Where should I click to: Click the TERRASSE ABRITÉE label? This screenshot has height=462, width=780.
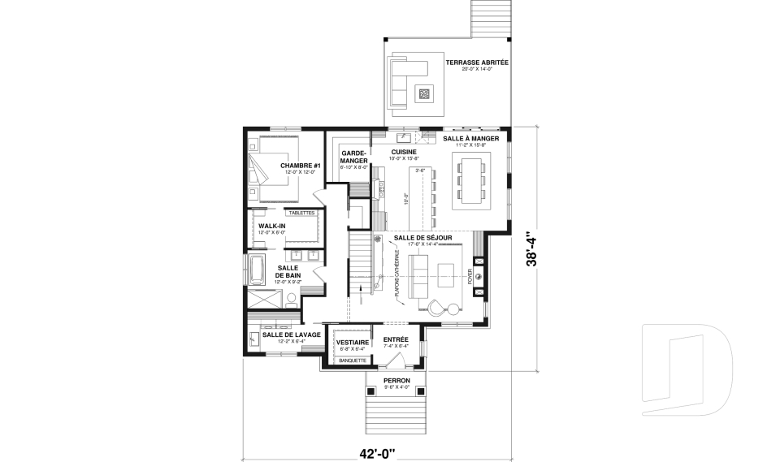coord(477,62)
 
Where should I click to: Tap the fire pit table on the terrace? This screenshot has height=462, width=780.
coord(424,93)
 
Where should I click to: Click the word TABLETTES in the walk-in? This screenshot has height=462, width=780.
coord(301,213)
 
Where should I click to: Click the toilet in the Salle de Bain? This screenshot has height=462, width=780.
coord(290,300)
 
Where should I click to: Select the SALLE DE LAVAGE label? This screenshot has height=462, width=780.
coord(291,334)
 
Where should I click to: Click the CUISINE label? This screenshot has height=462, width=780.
coord(404,152)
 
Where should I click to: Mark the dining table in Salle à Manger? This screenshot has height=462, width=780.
coord(471,180)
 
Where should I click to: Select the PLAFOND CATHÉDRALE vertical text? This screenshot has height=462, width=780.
coord(397,274)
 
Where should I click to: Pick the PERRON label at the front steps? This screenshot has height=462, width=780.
coord(397,380)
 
